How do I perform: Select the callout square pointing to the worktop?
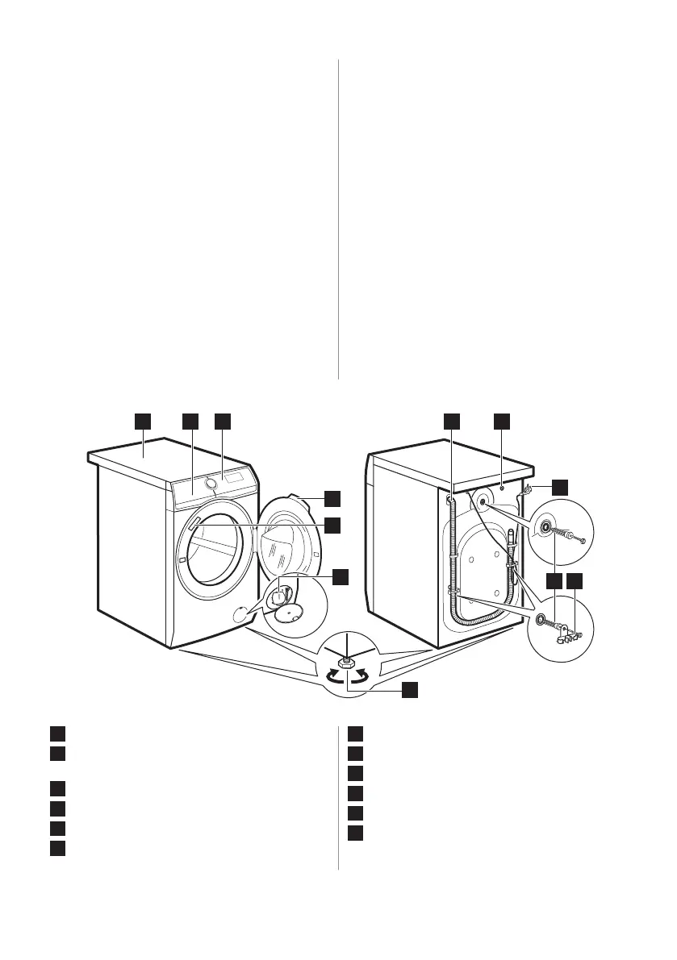point(143,421)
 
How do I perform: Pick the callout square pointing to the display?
point(223,421)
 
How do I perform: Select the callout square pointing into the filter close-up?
point(341,576)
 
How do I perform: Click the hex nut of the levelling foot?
point(345,662)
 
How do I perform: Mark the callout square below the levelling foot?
point(411,689)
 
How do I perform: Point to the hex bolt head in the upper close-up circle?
point(582,538)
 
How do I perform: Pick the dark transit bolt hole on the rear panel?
point(482,501)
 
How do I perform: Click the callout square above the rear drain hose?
point(452,421)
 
